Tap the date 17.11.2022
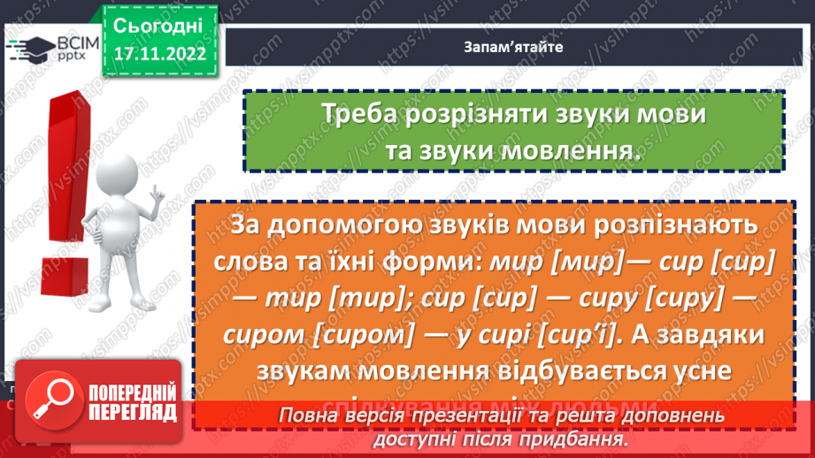pyautogui.click(x=159, y=53)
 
